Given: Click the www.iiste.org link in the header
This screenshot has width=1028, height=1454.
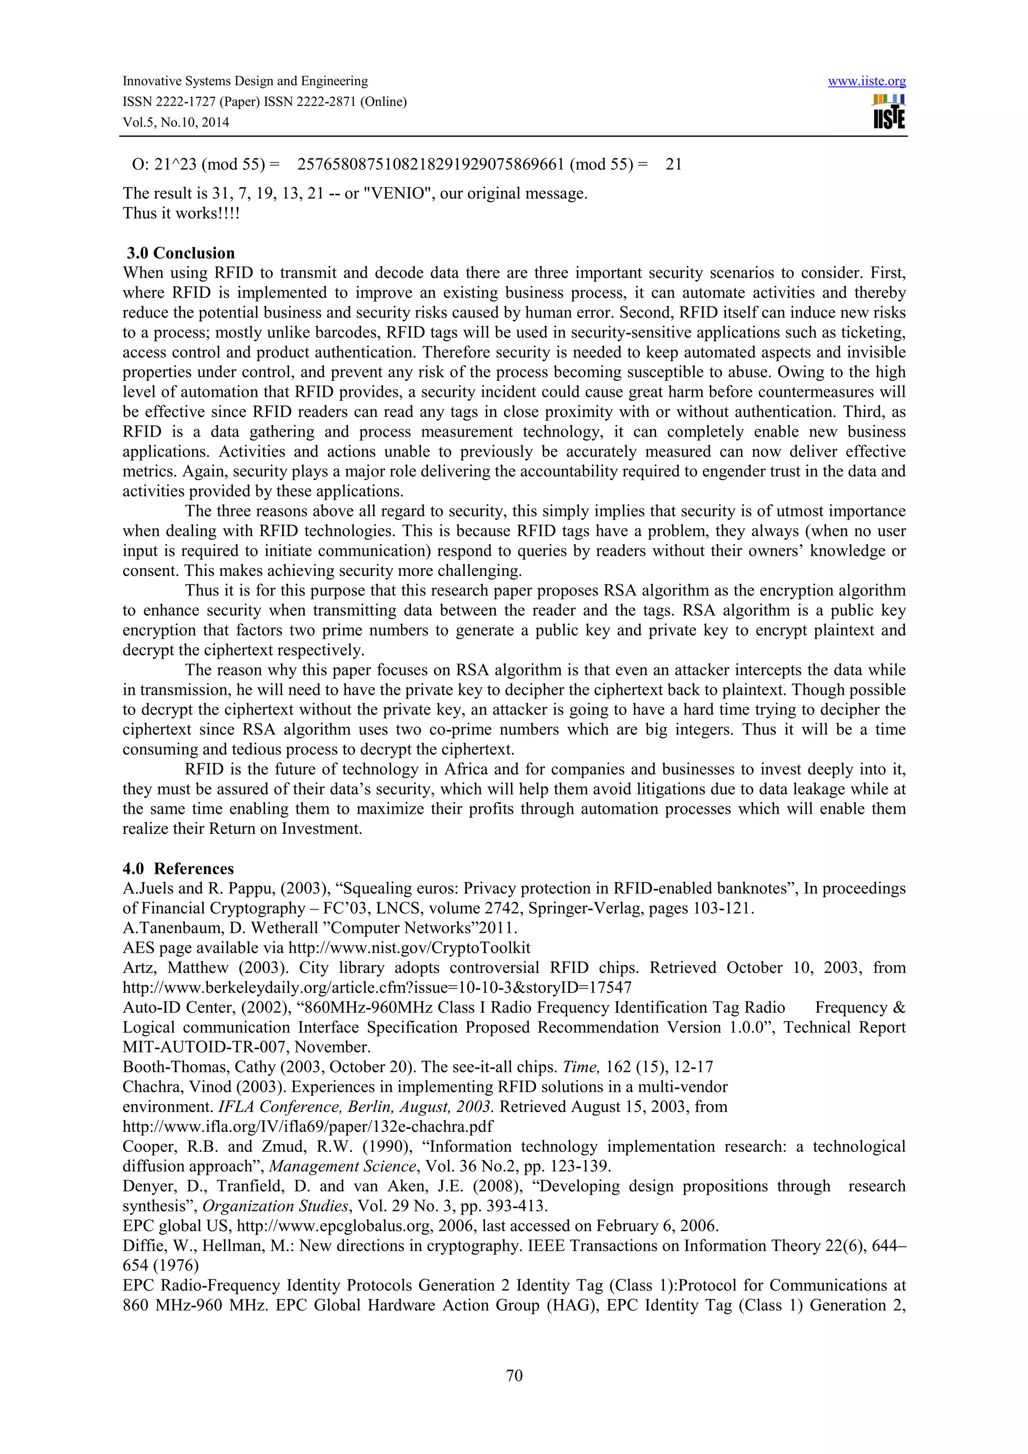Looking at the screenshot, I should [x=866, y=82].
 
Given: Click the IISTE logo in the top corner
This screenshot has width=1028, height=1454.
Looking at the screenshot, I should [x=888, y=112].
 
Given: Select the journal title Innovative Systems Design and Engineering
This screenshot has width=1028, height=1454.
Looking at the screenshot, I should [x=244, y=81].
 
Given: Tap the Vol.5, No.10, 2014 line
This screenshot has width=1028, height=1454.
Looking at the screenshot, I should [x=176, y=122].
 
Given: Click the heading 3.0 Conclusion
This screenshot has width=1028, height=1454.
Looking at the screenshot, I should [x=181, y=253].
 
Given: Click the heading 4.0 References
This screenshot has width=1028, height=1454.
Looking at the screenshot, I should [x=178, y=868].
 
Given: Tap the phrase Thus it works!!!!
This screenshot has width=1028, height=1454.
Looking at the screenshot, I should [x=181, y=213].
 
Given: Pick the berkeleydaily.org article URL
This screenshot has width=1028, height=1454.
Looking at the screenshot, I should [x=377, y=987].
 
